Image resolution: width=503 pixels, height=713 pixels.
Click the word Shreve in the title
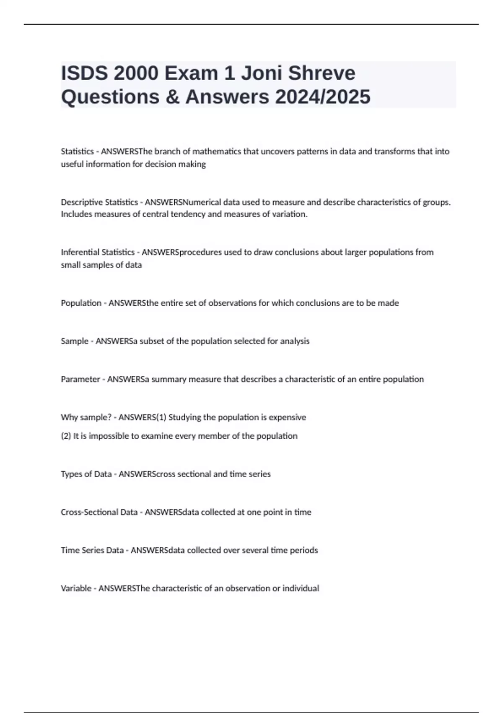(x=322, y=73)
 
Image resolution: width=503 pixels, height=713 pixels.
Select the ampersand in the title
(x=172, y=97)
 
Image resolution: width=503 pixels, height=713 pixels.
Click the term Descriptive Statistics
(x=99, y=202)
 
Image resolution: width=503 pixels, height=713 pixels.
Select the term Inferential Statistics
(x=98, y=252)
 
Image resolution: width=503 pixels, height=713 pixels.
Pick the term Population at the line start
(x=81, y=303)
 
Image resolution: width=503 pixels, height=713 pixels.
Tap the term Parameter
(x=80, y=380)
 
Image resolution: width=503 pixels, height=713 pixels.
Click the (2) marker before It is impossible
(x=66, y=436)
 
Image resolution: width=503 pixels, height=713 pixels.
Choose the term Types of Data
(x=86, y=474)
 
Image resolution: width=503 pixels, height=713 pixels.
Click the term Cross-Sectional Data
(x=99, y=513)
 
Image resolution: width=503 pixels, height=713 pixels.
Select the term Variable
(x=76, y=588)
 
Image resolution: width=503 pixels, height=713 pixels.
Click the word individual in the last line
(x=301, y=588)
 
